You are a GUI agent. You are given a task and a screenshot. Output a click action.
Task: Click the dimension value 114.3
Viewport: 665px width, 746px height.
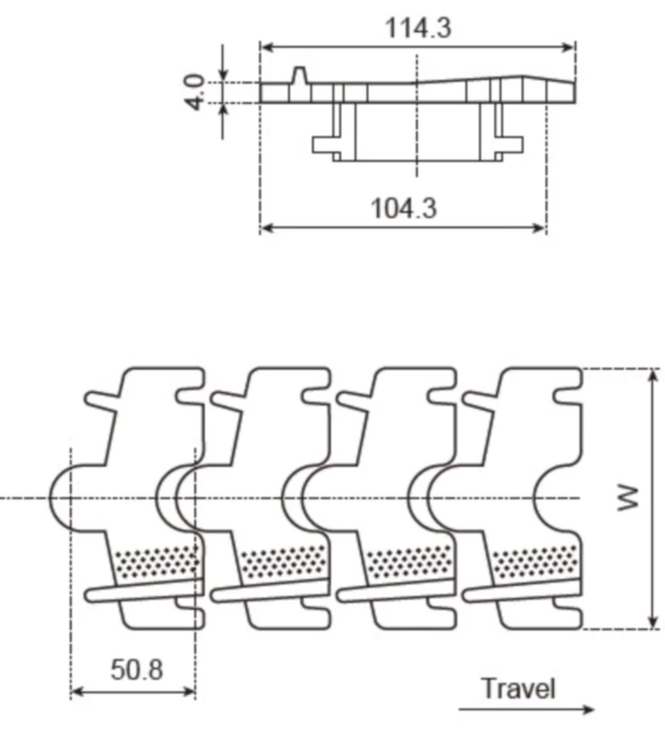[x=417, y=27]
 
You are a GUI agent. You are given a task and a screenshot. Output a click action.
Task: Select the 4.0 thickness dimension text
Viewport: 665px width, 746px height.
[x=195, y=91]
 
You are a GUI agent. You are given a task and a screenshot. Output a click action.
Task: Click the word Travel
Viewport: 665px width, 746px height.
[x=518, y=689]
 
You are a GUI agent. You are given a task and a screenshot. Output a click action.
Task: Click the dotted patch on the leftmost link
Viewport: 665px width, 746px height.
[x=158, y=563]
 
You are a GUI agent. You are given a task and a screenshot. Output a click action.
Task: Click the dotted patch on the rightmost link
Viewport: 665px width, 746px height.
[x=535, y=563]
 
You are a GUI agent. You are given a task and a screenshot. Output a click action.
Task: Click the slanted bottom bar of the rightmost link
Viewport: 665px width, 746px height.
[x=520, y=591]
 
